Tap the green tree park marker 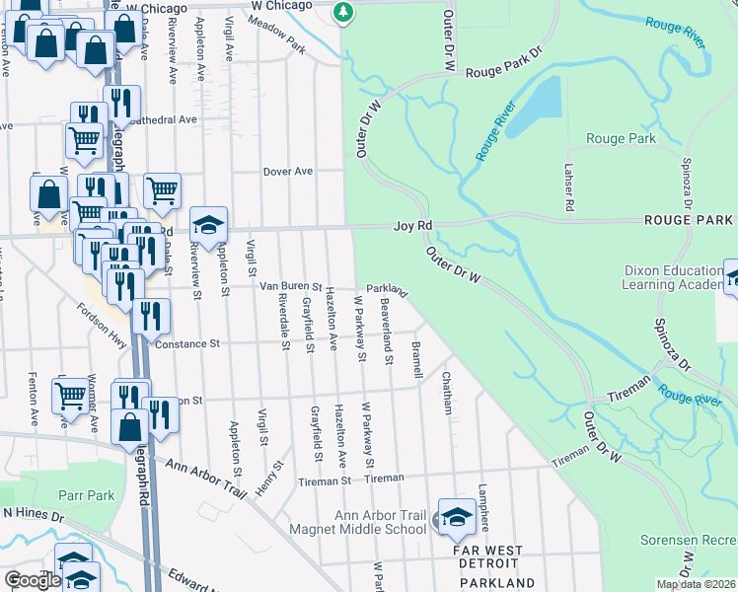[x=343, y=12]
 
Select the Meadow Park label [x=278, y=40]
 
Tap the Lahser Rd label [x=568, y=187]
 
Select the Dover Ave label [x=287, y=171]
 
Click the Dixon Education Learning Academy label [x=673, y=277]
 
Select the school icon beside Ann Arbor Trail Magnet [x=457, y=518]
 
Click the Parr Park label [x=89, y=495]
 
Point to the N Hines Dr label [x=33, y=513]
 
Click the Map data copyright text [x=695, y=584]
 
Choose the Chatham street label [x=447, y=393]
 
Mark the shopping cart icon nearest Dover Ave [x=162, y=189]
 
